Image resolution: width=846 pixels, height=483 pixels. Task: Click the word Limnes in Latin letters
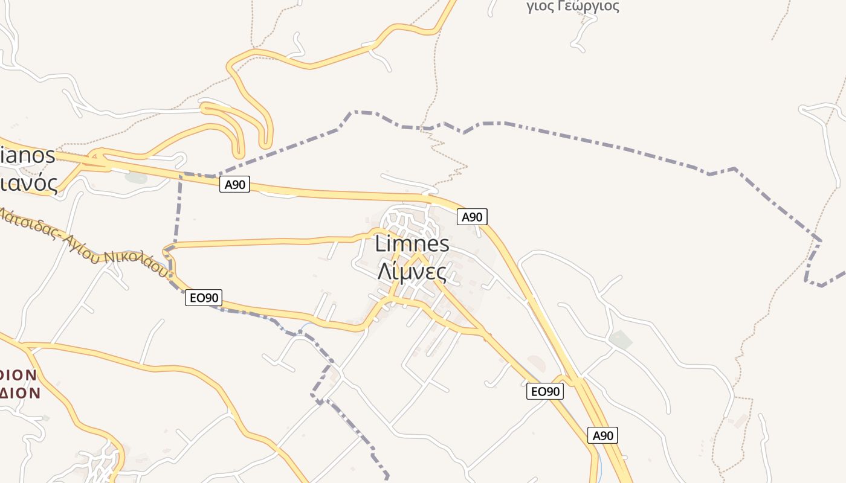(412, 245)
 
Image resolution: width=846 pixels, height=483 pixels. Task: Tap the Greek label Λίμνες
(412, 272)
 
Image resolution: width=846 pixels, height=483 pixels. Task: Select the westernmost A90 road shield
(234, 185)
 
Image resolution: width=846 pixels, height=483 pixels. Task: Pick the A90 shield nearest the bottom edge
(602, 435)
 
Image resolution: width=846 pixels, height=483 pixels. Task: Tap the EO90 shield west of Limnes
(204, 297)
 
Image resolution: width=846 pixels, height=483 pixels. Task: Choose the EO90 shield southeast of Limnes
(545, 391)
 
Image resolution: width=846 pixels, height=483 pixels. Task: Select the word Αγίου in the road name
(82, 245)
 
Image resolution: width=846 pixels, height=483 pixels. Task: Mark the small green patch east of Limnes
(621, 339)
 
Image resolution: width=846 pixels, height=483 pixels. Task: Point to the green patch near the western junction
(136, 178)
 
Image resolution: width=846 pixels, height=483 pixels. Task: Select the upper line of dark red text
(18, 376)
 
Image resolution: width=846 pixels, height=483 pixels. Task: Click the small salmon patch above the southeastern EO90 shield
(537, 363)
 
